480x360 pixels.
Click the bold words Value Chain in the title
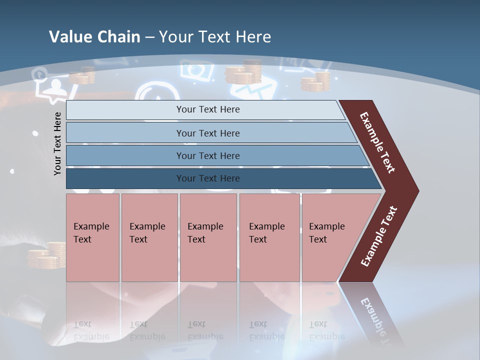[94, 36]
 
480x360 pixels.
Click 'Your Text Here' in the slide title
[215, 36]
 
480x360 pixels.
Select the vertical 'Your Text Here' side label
[57, 143]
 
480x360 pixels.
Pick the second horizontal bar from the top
[208, 133]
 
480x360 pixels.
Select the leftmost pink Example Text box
[92, 237]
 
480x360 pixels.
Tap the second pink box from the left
[149, 237]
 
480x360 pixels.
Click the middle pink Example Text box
[208, 237]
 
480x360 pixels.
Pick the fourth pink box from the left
[269, 237]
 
